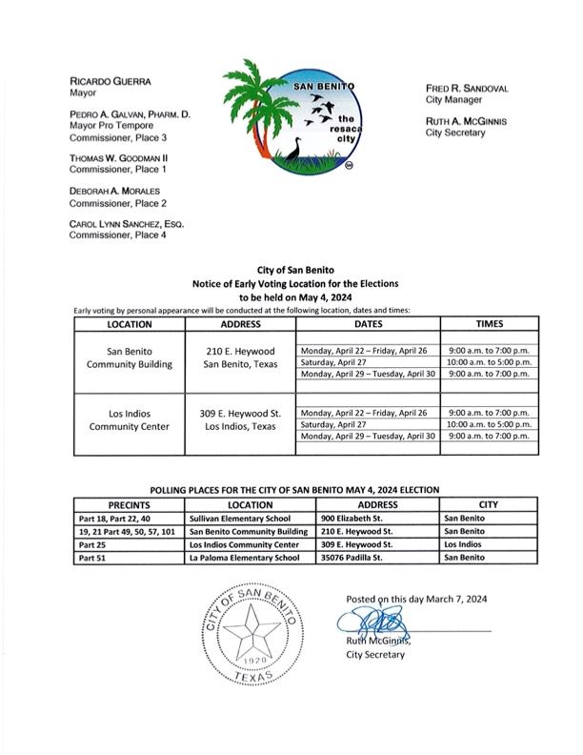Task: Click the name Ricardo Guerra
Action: [x=110, y=83]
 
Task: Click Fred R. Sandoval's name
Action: [x=467, y=88]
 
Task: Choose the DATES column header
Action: [x=367, y=324]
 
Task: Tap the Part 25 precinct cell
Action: [x=90, y=544]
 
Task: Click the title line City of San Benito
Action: [x=295, y=273]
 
